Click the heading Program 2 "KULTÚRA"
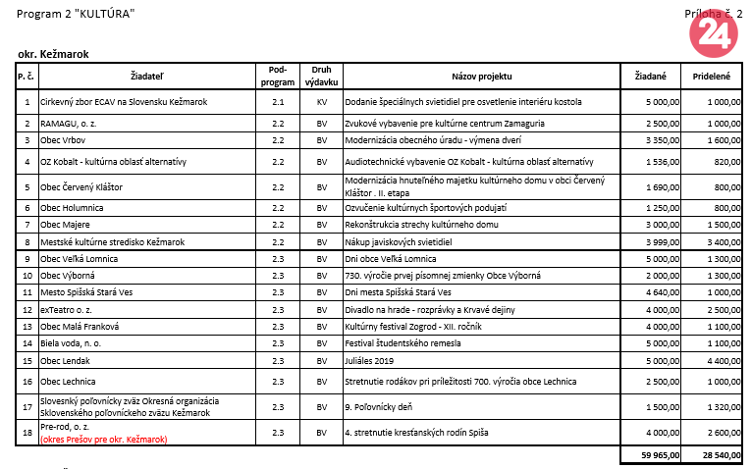click(x=76, y=13)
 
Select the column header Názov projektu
click(x=481, y=76)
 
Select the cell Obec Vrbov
click(x=64, y=140)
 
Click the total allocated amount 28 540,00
click(x=719, y=456)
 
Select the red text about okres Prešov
click(x=104, y=440)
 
